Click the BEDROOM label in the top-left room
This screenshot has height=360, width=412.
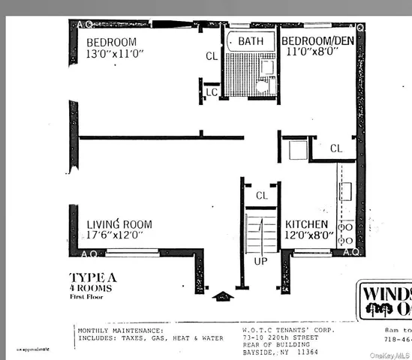tap(110, 40)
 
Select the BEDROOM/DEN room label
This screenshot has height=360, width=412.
tap(319, 40)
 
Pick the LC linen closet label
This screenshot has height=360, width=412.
tap(211, 91)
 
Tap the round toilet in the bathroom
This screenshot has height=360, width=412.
tap(261, 86)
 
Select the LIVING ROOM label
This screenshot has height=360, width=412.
tap(119, 224)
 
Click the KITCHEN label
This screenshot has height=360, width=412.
tap(305, 224)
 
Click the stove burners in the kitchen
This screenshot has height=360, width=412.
tap(346, 233)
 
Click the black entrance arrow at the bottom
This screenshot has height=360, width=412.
tap(224, 295)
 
